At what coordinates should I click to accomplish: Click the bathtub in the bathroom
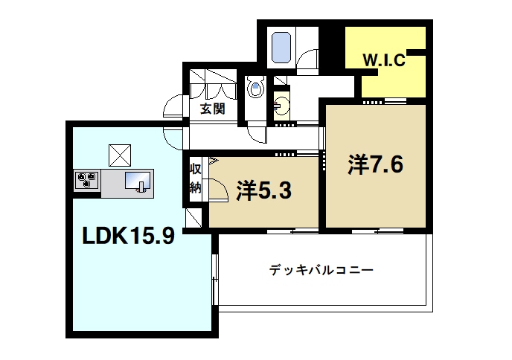click(281, 46)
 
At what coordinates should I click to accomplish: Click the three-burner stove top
click(87, 179)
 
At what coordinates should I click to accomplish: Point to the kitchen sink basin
click(138, 180)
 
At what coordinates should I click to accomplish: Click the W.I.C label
click(383, 61)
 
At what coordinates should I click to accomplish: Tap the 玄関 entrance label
click(212, 109)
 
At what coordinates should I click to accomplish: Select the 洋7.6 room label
click(375, 164)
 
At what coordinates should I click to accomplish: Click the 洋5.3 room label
click(263, 190)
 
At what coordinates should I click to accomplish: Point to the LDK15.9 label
click(128, 237)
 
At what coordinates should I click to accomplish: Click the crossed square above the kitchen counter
click(120, 154)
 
